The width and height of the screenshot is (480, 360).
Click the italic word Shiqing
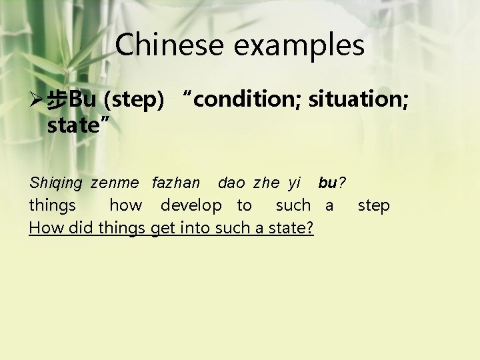tap(56, 183)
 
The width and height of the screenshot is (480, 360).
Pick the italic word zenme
tap(115, 183)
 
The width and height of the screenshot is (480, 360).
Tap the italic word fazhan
tap(176, 183)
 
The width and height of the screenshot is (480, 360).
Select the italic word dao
tap(231, 183)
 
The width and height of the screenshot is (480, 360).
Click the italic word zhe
tap(267, 183)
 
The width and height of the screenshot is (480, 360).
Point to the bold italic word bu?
tap(331, 183)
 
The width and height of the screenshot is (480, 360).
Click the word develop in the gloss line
tap(191, 206)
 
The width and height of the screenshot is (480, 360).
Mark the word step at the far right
tap(374, 206)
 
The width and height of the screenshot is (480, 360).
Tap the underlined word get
tap(163, 228)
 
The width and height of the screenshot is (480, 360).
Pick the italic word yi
tap(295, 183)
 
